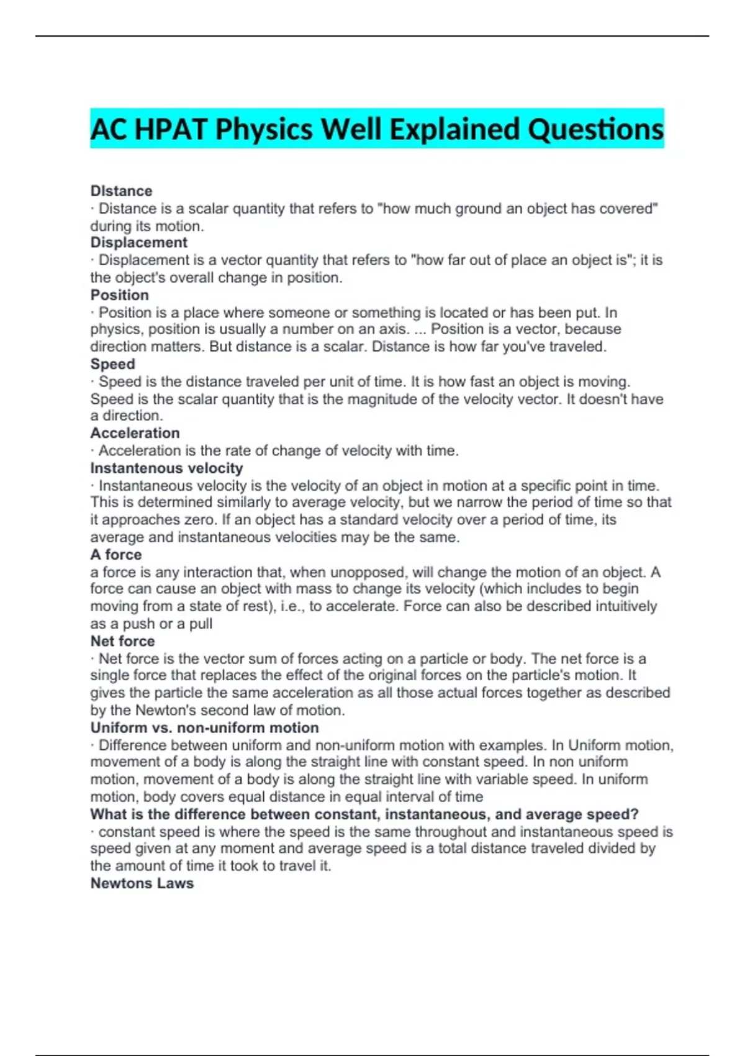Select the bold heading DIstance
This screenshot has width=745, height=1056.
click(x=121, y=191)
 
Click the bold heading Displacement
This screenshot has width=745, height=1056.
click(x=138, y=242)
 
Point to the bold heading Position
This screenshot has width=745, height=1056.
click(x=120, y=295)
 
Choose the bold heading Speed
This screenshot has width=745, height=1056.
click(x=112, y=364)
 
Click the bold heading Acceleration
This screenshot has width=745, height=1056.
click(x=135, y=433)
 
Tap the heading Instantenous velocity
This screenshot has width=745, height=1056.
click(x=166, y=468)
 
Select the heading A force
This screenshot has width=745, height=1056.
click(x=116, y=554)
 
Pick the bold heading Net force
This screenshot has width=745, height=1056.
click(x=122, y=641)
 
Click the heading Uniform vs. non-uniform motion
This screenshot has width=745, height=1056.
click(x=204, y=727)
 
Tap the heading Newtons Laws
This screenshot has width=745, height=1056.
click(x=142, y=883)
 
